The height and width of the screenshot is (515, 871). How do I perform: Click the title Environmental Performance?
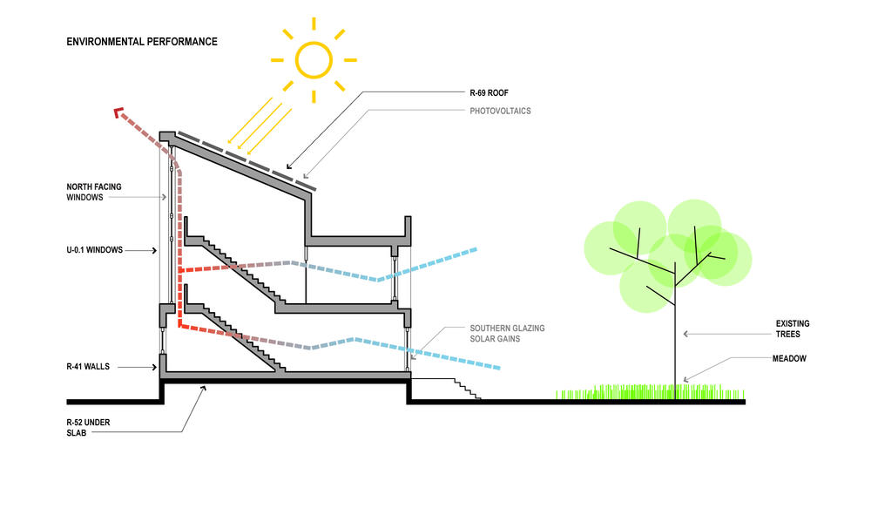(142, 42)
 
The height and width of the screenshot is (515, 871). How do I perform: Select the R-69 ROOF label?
(489, 92)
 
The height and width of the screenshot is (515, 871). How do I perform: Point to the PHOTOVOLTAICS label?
(500, 111)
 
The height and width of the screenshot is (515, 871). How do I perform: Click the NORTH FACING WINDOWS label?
(93, 192)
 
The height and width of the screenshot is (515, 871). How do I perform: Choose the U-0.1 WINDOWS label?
(94, 250)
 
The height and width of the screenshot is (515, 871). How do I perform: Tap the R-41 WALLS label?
(88, 367)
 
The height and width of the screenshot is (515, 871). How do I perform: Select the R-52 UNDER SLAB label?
(88, 428)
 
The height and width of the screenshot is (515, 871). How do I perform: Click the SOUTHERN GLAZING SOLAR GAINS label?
(507, 334)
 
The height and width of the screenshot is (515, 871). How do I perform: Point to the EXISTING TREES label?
(792, 329)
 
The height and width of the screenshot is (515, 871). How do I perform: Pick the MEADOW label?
(789, 358)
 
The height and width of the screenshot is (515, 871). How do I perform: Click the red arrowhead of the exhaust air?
(118, 112)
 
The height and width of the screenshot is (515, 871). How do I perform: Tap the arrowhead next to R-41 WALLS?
(154, 367)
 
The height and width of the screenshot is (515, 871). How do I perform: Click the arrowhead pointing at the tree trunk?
(686, 334)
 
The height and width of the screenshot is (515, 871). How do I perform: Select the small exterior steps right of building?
(468, 389)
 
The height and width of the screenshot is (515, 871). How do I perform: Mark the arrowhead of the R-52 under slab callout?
(203, 389)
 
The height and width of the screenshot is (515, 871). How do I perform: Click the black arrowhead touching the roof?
(289, 166)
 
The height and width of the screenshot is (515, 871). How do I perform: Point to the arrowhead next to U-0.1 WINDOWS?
(154, 251)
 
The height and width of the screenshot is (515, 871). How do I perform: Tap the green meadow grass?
(650, 392)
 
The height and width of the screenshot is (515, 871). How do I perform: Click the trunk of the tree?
(676, 334)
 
